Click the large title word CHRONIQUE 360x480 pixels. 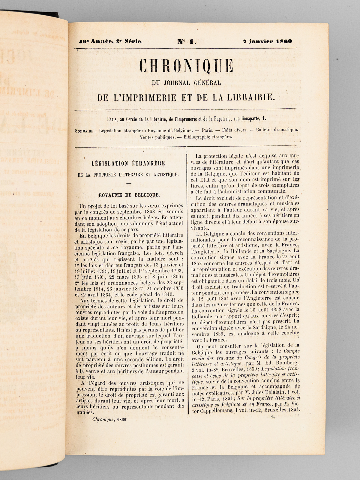click(186, 66)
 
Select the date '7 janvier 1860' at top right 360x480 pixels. click(268, 41)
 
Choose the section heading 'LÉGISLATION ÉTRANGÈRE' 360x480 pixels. click(129, 164)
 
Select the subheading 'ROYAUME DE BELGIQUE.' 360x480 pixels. click(129, 194)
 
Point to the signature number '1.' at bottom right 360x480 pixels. click(273, 416)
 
